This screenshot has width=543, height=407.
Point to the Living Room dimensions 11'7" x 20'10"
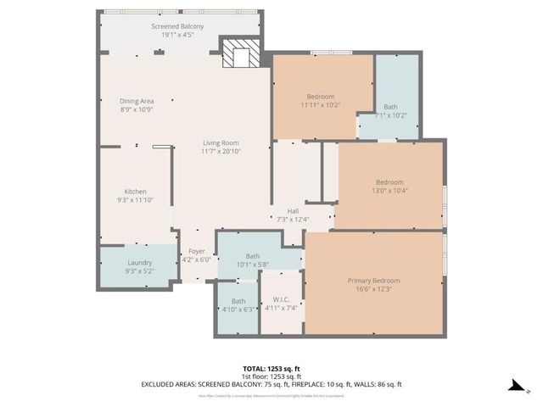[x=221, y=151]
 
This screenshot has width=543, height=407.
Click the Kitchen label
[x=136, y=191]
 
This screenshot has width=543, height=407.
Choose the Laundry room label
[x=139, y=263]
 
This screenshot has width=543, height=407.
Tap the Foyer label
[x=197, y=251]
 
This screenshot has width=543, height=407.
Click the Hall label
[x=293, y=211]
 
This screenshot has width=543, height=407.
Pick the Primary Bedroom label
[x=373, y=280]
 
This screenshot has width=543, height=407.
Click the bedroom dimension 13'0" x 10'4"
[x=390, y=191]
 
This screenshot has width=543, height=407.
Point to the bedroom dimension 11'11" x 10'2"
[x=321, y=105]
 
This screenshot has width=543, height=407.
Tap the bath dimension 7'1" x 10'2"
[x=390, y=115]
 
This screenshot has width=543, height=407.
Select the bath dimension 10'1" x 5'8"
[x=253, y=265]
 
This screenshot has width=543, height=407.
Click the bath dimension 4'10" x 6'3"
[x=238, y=309]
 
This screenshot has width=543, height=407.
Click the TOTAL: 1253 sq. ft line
[x=271, y=368]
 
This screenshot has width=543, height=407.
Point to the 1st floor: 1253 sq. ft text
[x=271, y=376]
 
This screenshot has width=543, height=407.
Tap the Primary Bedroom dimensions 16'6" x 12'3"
[x=373, y=288]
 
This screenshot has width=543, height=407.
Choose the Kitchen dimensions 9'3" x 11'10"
[x=136, y=200]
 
